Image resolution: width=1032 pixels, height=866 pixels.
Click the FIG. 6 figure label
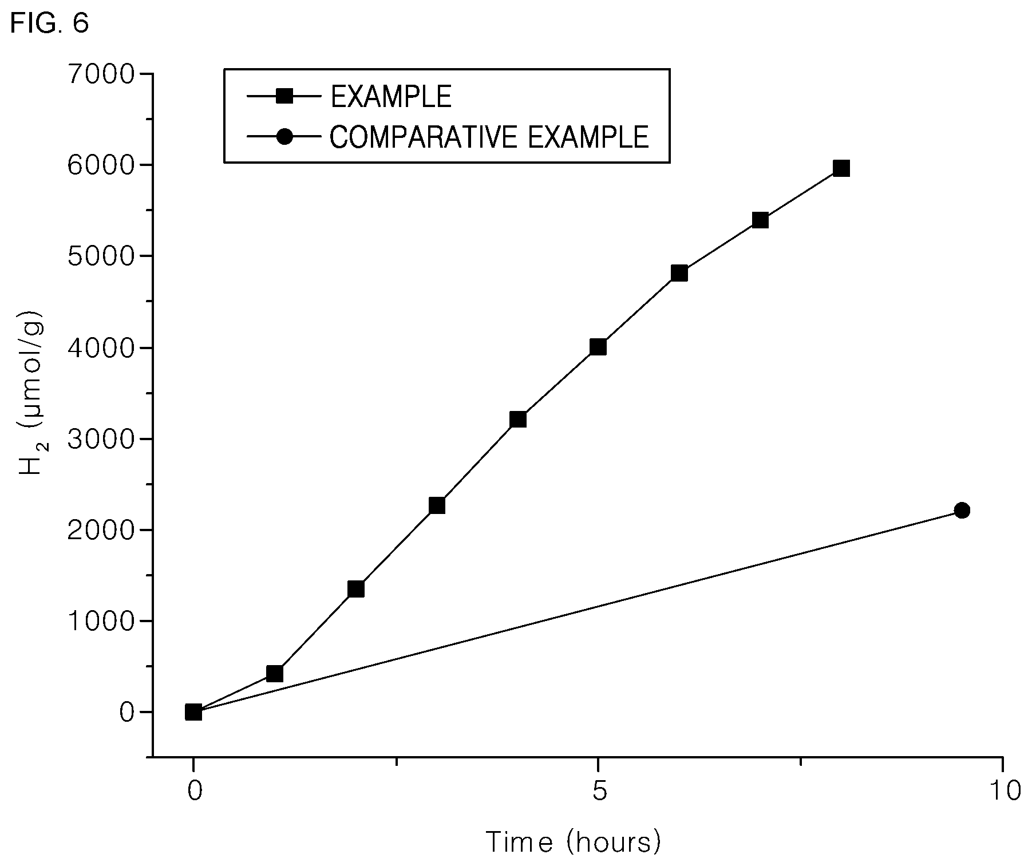(x=50, y=23)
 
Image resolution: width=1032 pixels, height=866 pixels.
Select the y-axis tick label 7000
(x=101, y=74)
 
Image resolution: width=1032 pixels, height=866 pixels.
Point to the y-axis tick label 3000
(x=101, y=439)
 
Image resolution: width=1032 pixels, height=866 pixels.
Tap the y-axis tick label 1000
(x=101, y=621)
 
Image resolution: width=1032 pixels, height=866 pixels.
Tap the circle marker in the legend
(x=284, y=137)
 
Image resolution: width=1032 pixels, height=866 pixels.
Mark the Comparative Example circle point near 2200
(x=962, y=510)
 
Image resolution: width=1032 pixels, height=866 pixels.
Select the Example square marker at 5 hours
(x=598, y=347)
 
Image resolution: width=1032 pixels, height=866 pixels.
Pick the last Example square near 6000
(x=841, y=168)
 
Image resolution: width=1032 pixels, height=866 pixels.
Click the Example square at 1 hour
(x=275, y=674)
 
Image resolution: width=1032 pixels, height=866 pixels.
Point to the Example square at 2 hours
(x=356, y=589)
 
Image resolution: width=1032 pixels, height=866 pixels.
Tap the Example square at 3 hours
(x=437, y=505)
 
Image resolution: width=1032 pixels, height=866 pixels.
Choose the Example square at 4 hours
(x=517, y=420)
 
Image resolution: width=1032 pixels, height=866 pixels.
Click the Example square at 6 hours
(x=679, y=273)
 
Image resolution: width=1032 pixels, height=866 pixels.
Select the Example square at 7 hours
(x=760, y=220)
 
